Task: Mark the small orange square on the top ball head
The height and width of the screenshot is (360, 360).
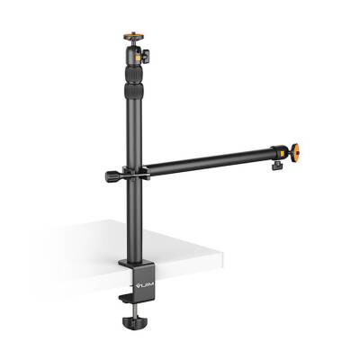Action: tap(139, 57)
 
